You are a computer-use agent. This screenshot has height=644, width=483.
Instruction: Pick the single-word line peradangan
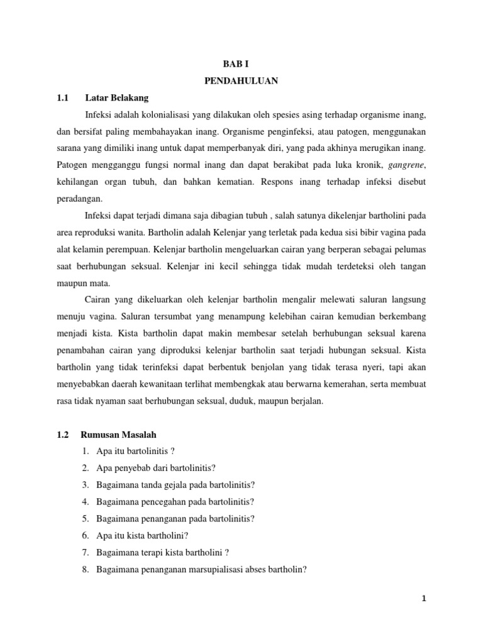click(x=79, y=197)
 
